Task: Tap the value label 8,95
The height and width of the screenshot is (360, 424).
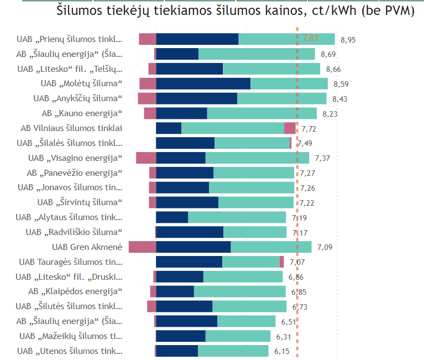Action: click(348, 39)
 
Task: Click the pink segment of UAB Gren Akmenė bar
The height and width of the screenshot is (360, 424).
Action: click(142, 247)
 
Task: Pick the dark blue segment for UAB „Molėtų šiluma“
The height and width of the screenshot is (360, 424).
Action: click(203, 84)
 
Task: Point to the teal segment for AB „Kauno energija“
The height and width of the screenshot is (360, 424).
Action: click(261, 113)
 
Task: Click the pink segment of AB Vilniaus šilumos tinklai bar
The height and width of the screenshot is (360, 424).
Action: click(290, 128)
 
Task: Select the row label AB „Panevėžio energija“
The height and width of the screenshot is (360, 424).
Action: click(74, 173)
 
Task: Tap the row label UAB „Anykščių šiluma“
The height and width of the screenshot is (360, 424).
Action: click(77, 98)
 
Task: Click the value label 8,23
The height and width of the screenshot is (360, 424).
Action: click(330, 113)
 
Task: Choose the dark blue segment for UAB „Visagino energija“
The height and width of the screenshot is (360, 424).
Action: click(180, 158)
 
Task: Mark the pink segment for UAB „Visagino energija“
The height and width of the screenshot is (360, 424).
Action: click(146, 158)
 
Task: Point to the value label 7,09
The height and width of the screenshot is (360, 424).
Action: click(325, 247)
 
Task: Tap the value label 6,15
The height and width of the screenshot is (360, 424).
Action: click(281, 351)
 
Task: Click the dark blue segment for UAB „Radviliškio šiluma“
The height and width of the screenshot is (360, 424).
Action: click(190, 232)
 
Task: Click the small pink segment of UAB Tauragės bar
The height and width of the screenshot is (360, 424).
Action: click(281, 262)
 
